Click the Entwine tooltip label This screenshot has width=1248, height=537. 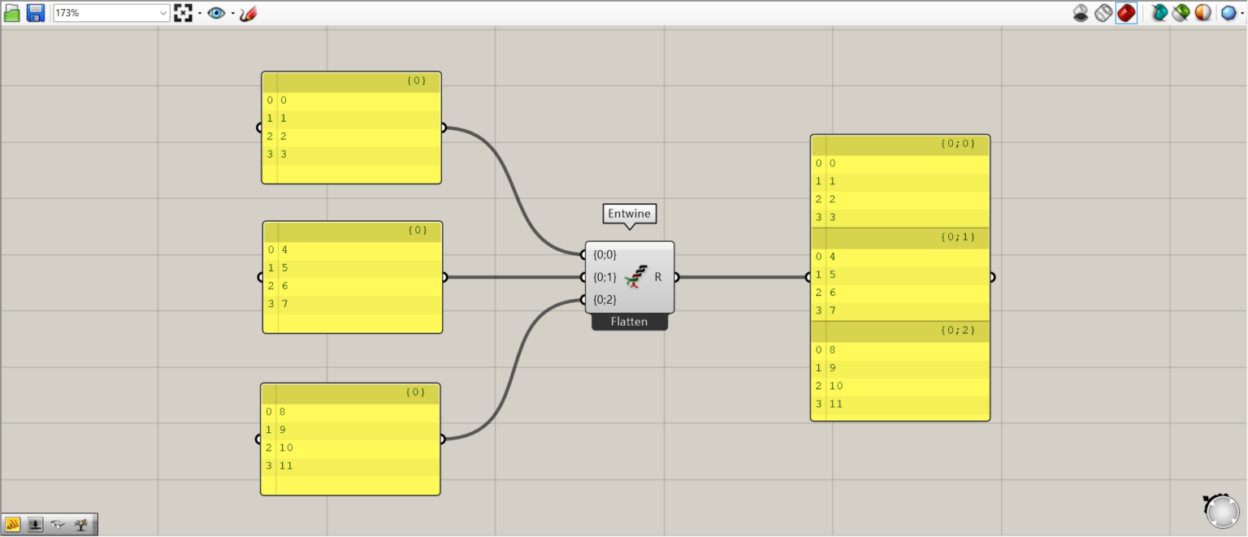pyautogui.click(x=630, y=214)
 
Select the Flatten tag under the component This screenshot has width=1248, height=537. pyautogui.click(x=630, y=322)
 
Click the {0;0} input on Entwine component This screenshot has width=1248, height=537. pyautogui.click(x=605, y=255)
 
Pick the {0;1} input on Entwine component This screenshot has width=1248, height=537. pyautogui.click(x=605, y=277)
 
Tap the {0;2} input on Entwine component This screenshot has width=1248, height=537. pyautogui.click(x=605, y=300)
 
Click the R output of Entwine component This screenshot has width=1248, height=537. pyautogui.click(x=658, y=277)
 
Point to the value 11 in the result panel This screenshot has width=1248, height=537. pyautogui.click(x=837, y=404)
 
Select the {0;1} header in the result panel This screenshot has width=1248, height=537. pyautogui.click(x=957, y=237)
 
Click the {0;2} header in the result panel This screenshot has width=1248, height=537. pyautogui.click(x=957, y=331)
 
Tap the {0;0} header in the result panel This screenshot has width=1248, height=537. pyautogui.click(x=957, y=144)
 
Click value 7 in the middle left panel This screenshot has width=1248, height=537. pyautogui.click(x=285, y=304)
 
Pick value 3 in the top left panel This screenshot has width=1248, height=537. pyautogui.click(x=284, y=154)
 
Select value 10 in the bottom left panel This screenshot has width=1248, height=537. pyautogui.click(x=286, y=448)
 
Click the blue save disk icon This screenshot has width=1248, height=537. pyautogui.click(x=36, y=13)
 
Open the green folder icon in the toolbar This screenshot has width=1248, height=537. pyautogui.click(x=12, y=13)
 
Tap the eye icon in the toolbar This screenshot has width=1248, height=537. pyautogui.click(x=216, y=13)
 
